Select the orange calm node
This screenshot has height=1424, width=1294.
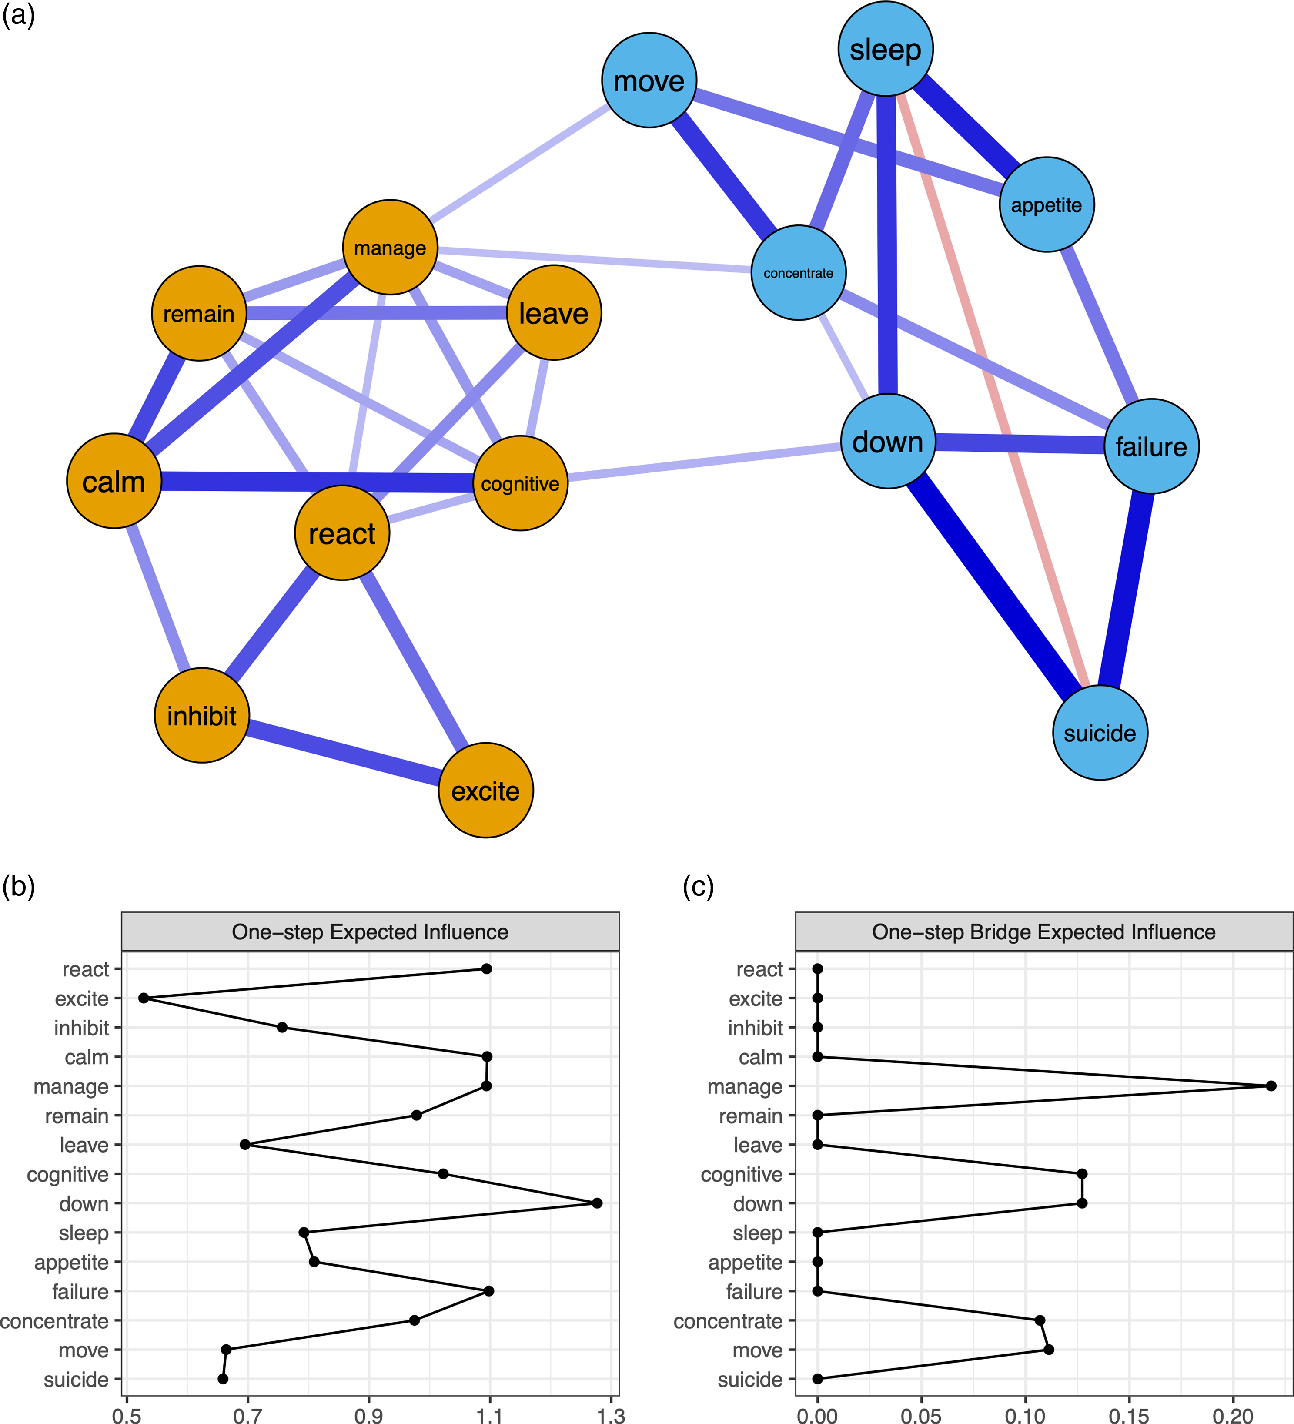click(114, 481)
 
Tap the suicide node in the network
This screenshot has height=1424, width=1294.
click(1100, 733)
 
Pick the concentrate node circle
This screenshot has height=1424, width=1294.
click(798, 273)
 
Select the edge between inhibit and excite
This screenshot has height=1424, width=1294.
click(343, 753)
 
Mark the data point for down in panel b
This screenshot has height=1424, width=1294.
click(597, 1203)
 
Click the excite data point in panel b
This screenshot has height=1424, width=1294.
click(144, 998)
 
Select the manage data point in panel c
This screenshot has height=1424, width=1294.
click(1271, 1086)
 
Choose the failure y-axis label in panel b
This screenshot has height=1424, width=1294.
click(80, 1291)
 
